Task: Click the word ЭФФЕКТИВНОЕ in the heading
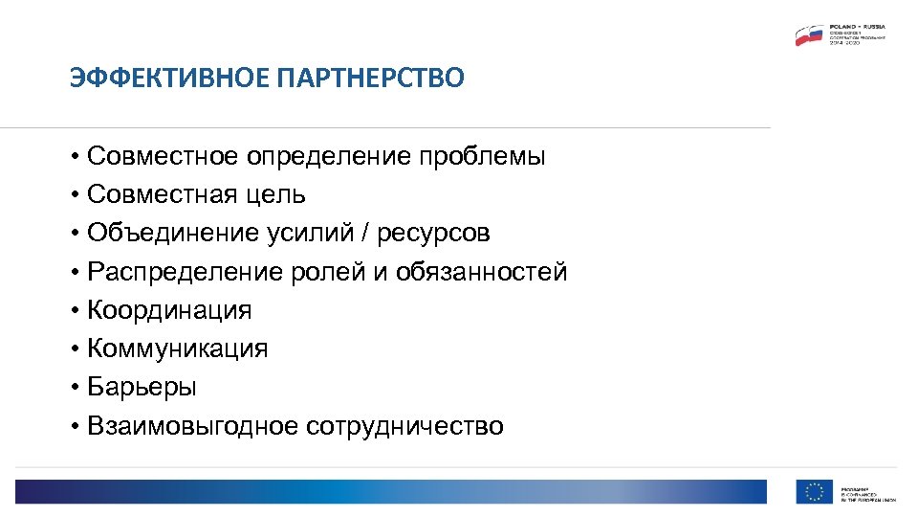169,78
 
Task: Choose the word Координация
169,310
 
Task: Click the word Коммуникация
177,348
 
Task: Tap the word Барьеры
142,388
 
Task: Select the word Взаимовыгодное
193,426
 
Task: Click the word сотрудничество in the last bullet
404,426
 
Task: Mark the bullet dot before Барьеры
74,388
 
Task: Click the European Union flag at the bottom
814,491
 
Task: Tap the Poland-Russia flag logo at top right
809,35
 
